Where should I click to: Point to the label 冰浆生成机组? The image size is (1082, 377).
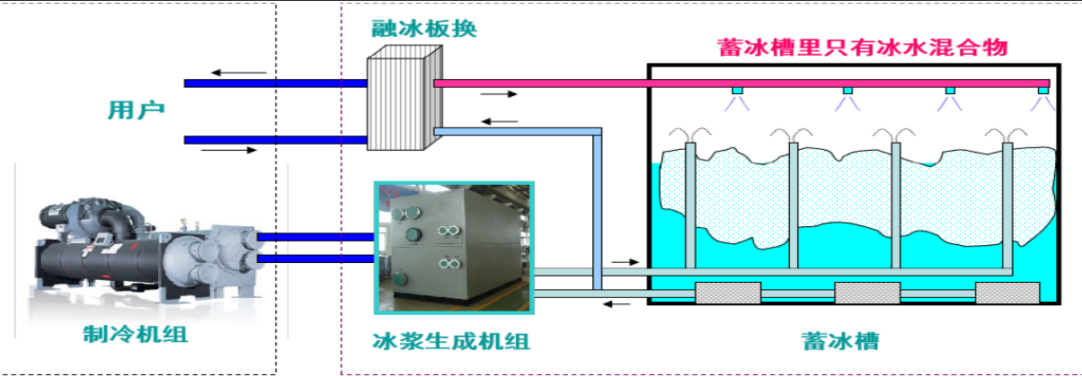click(450, 341)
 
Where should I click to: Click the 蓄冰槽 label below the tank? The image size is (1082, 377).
click(840, 341)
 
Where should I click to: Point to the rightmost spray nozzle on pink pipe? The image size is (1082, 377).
click(1042, 91)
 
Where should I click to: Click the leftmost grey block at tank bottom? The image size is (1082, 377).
click(728, 294)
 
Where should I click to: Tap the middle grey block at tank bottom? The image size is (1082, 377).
click(867, 294)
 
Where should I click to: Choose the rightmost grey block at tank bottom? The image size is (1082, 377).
click(1007, 294)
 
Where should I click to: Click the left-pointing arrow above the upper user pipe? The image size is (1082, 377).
click(239, 72)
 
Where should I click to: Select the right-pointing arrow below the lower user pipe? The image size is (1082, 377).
click(228, 151)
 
